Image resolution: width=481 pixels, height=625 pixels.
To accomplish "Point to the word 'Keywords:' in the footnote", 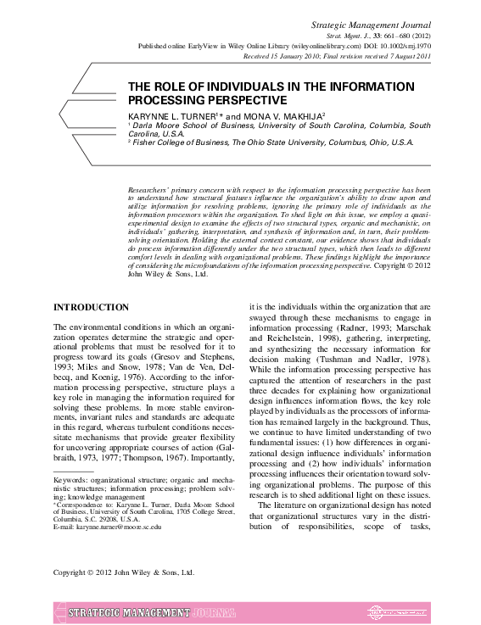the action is [x=70, y=481].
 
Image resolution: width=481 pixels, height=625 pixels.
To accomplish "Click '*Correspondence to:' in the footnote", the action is [x=82, y=504].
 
